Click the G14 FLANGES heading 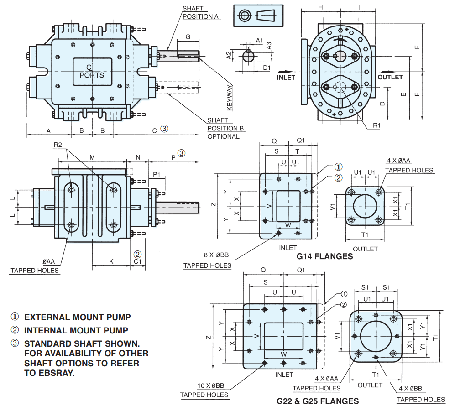coord(325,256)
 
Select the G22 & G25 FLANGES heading coord(318,401)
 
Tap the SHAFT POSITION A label coord(200,12)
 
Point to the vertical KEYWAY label coord(230,97)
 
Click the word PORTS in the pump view coord(92,75)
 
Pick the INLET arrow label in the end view coord(286,77)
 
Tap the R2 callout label coord(58,145)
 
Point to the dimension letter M coord(92,157)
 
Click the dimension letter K coord(111,261)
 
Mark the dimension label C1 coord(137,262)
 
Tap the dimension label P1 coord(157,174)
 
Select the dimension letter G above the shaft coord(188,36)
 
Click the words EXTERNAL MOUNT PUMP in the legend coord(77,317)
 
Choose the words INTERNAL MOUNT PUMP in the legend coord(76,330)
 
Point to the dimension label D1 coord(267,68)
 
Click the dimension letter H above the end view coord(320,7)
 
